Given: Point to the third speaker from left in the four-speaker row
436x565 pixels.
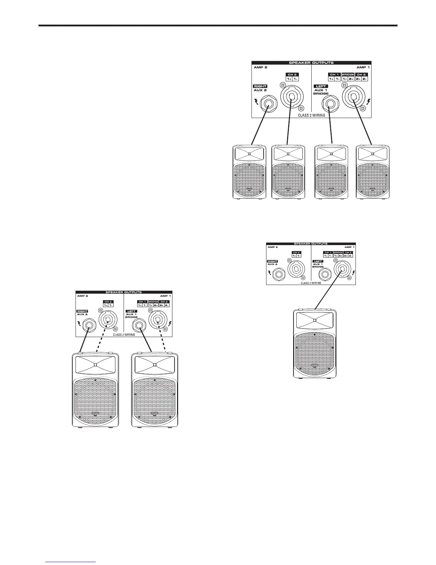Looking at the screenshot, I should point(332,171).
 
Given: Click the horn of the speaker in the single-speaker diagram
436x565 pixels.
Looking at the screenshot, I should point(315,320).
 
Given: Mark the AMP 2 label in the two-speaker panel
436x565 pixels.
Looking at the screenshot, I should point(82,296).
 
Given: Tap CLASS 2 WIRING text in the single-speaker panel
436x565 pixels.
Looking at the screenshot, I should point(311,282).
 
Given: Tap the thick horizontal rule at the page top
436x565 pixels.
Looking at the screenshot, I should point(218,26).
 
